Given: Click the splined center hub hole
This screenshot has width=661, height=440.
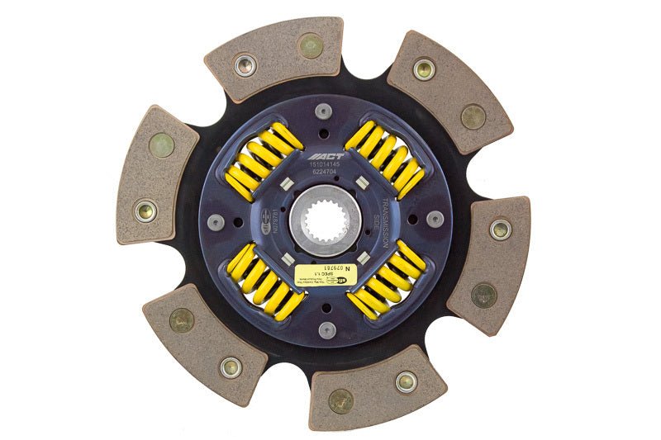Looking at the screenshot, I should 325,221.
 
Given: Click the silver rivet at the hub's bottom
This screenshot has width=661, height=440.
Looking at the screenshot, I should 327,329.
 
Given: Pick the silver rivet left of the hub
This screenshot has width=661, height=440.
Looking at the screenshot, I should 217,220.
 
